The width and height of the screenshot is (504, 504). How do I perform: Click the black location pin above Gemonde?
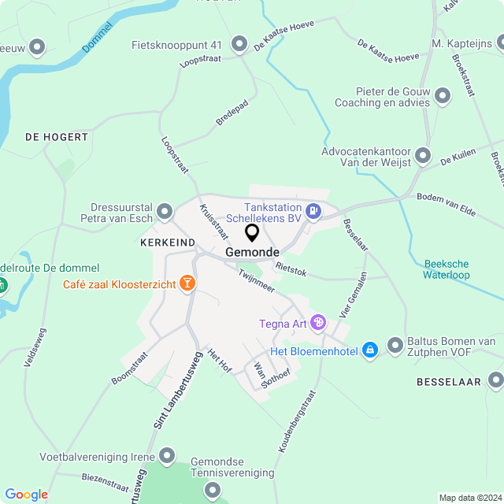(x=252, y=232)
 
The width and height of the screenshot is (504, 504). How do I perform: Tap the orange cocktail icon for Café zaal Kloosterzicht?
(x=187, y=283)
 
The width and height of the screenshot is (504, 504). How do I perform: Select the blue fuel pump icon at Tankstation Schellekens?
(x=313, y=210)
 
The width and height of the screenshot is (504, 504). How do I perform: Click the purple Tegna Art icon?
(x=317, y=322)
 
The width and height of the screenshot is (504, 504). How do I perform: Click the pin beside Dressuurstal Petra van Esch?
(x=165, y=211)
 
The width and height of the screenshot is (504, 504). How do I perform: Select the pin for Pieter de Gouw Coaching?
(x=443, y=97)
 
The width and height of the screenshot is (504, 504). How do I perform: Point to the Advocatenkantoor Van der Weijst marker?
(x=424, y=155)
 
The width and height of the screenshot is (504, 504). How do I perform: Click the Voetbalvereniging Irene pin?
(x=167, y=456)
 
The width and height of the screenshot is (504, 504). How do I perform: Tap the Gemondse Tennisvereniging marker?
(x=213, y=490)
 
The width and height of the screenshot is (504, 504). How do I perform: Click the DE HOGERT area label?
(x=57, y=137)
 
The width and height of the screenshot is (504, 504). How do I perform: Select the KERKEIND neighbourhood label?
(x=168, y=243)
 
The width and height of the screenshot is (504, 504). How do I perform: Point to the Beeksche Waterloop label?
(x=446, y=269)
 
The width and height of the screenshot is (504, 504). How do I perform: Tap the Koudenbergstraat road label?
(x=296, y=421)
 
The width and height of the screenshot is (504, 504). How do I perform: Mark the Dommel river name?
(x=97, y=38)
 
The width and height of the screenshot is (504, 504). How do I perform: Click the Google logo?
(x=26, y=495)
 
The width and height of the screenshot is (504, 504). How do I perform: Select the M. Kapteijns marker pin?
(x=494, y=43)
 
